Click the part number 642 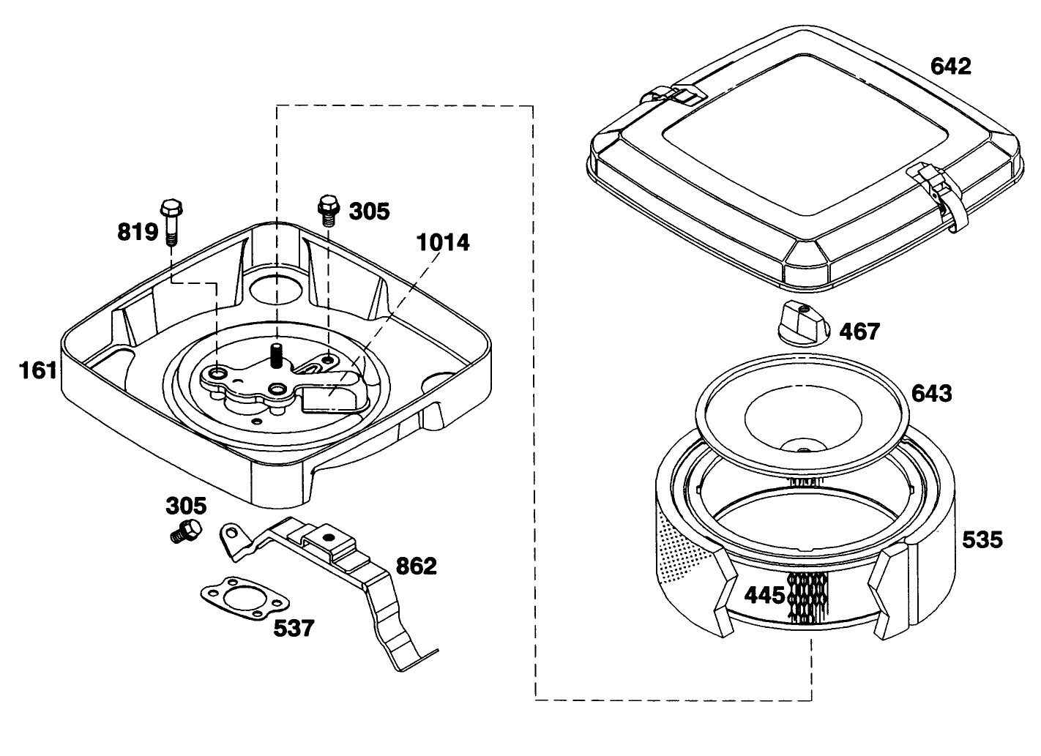pos(950,66)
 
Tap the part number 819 pos(138,232)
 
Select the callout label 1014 pos(442,242)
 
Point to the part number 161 pos(38,370)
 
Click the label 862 pos(416,566)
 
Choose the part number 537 pos(294,627)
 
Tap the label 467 pos(859,332)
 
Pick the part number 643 pos(932,393)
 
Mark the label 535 pos(982,539)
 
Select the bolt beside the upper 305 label pos(327,209)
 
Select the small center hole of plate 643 pos(803,448)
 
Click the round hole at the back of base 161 pos(276,289)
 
